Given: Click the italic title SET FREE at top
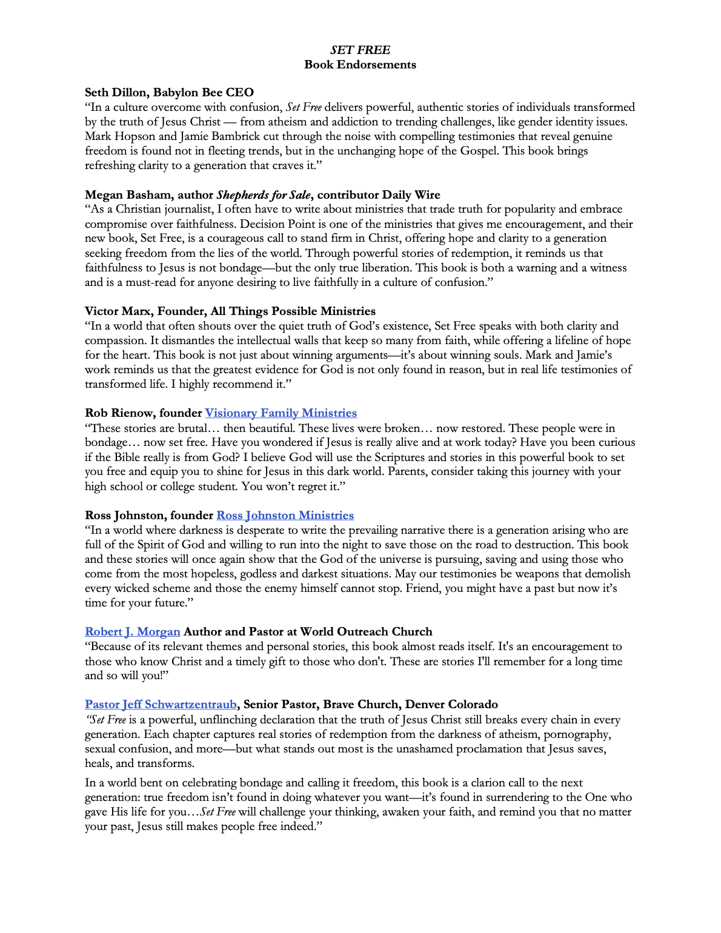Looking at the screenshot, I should click(x=360, y=50).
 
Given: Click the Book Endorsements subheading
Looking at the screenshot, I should click(x=360, y=65).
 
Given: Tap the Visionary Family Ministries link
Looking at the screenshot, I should click(x=281, y=413).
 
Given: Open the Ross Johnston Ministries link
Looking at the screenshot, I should click(x=285, y=516).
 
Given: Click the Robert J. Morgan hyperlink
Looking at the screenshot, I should click(x=133, y=632).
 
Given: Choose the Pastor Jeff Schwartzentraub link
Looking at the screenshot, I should click(x=161, y=705).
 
